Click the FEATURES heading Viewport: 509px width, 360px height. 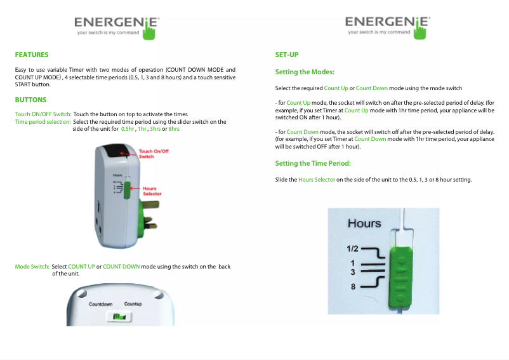tap(32, 55)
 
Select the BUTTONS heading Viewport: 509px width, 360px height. tap(30, 100)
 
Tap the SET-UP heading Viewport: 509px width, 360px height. tap(287, 55)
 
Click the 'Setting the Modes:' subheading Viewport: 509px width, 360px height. tap(305, 72)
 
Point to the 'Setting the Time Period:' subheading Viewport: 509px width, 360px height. tap(313, 164)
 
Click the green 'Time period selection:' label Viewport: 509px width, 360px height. tap(43, 121)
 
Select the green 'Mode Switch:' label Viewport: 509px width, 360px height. tap(32, 267)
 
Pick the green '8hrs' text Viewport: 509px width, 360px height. tap(174, 129)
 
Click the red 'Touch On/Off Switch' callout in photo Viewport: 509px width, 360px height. tap(154, 154)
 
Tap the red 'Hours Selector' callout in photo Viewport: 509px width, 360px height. tap(152, 190)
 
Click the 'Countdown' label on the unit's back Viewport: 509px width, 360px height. tap(100, 305)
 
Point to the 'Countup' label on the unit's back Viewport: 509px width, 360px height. tap(133, 305)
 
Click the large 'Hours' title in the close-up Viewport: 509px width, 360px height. tap(364, 223)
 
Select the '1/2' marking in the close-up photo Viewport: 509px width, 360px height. tap(353, 248)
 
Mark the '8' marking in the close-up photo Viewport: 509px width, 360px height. tap(353, 286)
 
